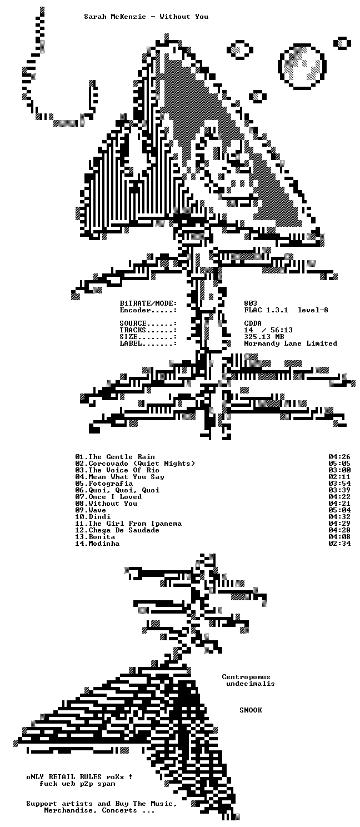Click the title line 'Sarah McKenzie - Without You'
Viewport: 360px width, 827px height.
[x=146, y=17]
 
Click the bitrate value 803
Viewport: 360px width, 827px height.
[x=251, y=303]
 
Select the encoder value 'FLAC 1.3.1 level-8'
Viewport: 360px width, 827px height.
[x=286, y=310]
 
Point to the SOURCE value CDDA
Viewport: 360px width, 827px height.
[x=253, y=323]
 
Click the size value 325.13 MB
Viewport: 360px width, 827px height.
[x=264, y=337]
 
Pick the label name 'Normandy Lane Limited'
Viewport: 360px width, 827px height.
[x=291, y=343]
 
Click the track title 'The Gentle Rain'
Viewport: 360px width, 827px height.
[x=122, y=457]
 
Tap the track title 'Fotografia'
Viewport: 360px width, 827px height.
[x=111, y=484]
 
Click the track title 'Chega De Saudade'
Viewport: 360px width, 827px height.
[x=124, y=530]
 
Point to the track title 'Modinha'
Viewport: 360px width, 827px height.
[x=104, y=544]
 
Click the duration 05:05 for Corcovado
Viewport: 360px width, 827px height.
[x=339, y=464]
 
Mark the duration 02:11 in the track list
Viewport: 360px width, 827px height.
[x=339, y=477]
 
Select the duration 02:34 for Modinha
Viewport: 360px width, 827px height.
[x=339, y=544]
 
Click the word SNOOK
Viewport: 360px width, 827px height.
[x=251, y=710]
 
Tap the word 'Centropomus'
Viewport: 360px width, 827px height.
[x=246, y=677]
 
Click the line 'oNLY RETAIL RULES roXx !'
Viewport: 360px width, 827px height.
[x=79, y=777]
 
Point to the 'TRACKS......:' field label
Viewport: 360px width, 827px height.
[x=148, y=330]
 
